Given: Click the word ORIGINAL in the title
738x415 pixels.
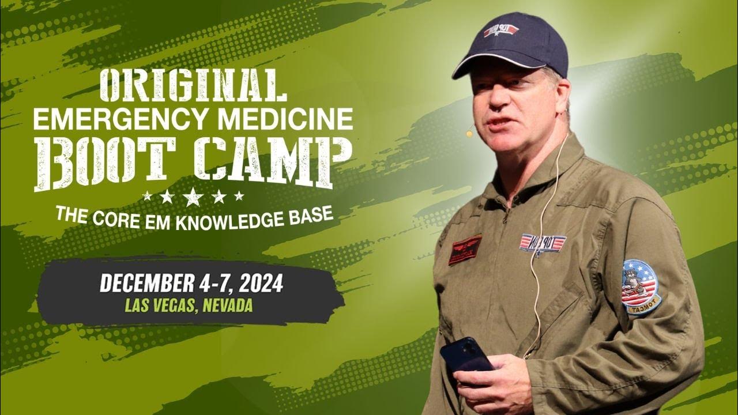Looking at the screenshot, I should [x=193, y=86].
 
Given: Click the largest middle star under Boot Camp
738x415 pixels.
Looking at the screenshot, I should [x=193, y=197].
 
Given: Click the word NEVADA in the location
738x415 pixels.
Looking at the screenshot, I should [x=227, y=305].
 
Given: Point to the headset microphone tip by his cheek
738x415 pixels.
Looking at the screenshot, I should [x=469, y=134].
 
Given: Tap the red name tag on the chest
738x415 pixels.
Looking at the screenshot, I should [x=465, y=250].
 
